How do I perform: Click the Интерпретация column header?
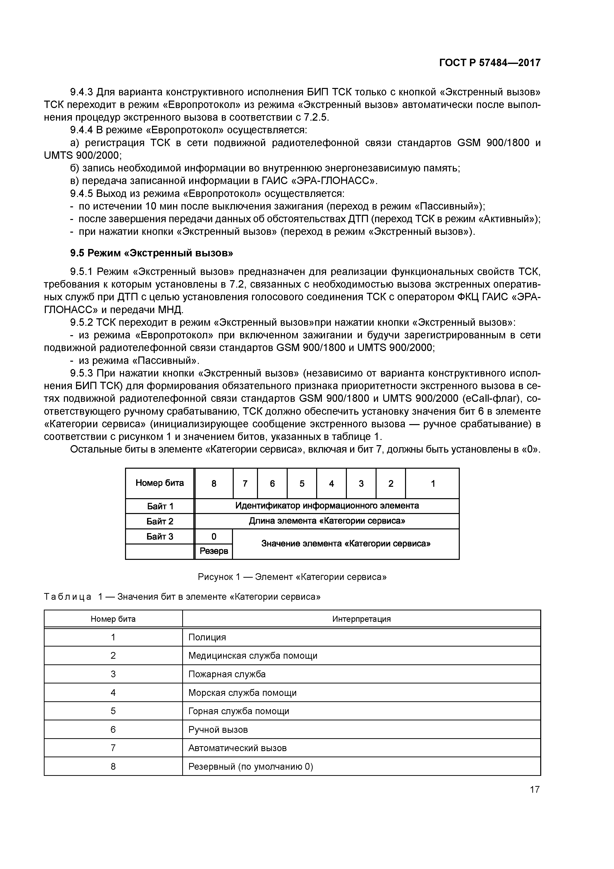pyautogui.click(x=361, y=619)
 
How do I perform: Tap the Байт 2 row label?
pyautogui.click(x=160, y=521)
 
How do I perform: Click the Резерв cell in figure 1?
pyautogui.click(x=214, y=551)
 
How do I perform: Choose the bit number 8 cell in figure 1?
pyautogui.click(x=214, y=483)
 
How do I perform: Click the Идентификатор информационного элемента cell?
pyautogui.click(x=327, y=506)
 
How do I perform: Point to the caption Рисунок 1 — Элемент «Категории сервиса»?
pyautogui.click(x=292, y=577)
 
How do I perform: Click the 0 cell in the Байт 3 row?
pyautogui.click(x=214, y=536)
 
